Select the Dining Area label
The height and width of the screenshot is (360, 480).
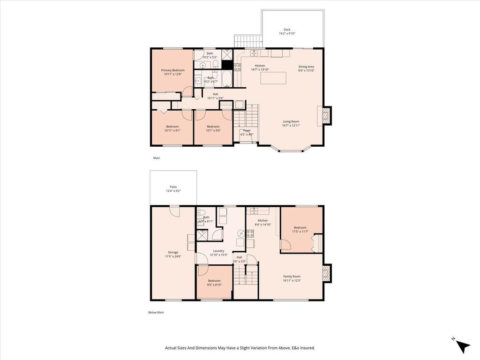(x=306, y=67)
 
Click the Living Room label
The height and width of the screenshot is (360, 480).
(x=291, y=121)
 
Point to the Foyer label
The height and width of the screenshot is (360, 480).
(x=247, y=131)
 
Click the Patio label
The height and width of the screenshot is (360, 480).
(x=173, y=187)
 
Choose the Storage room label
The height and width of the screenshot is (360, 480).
(x=173, y=252)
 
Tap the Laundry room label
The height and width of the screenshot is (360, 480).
(x=218, y=251)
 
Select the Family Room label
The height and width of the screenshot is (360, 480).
(x=292, y=276)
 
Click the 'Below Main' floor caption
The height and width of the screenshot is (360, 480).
(x=156, y=312)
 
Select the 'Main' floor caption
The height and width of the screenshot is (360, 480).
(x=157, y=158)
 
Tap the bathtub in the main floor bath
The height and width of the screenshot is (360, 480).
(x=226, y=80)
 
